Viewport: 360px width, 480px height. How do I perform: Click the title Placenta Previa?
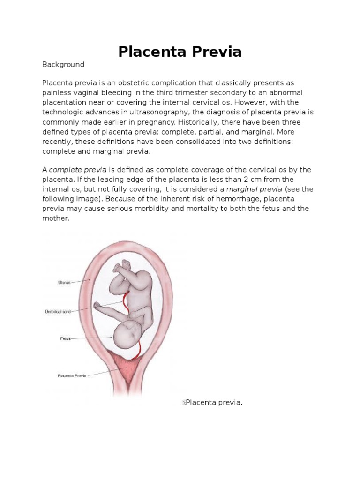pos(180,52)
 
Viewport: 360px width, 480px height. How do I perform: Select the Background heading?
pos(63,65)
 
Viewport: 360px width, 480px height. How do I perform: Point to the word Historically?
pos(223,122)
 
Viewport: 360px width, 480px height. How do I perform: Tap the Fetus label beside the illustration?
pos(65,338)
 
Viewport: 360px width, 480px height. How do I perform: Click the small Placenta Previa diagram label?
pos(71,375)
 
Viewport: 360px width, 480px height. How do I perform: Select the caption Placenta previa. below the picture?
pos(214,402)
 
